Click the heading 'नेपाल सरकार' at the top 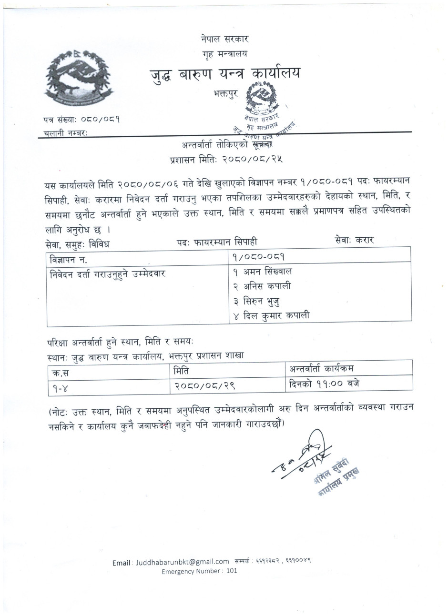[224, 39]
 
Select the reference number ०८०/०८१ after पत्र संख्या [100, 120]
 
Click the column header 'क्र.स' [58, 371]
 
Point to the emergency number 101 [232, 571]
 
